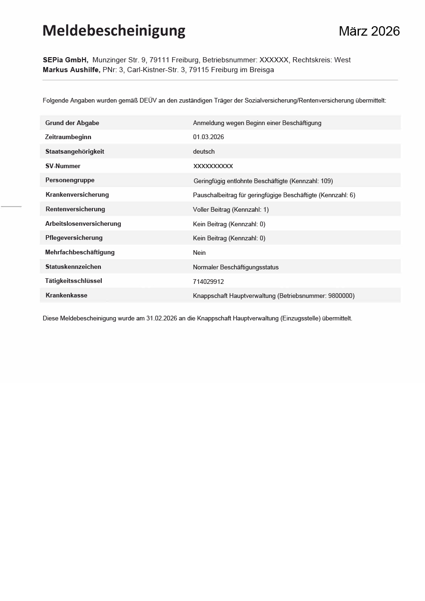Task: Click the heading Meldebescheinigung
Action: tap(114, 31)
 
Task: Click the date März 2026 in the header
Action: tap(369, 31)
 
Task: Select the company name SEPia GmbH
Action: tap(65, 60)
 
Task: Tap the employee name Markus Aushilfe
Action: tap(71, 70)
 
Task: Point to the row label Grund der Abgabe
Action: tap(72, 123)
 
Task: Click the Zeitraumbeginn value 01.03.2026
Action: tap(208, 137)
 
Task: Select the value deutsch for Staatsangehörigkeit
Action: tap(203, 152)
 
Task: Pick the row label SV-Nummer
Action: tap(63, 166)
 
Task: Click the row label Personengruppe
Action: tap(70, 180)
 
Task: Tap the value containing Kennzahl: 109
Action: tap(263, 181)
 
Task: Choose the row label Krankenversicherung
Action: tap(77, 195)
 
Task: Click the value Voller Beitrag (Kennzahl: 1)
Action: tap(231, 209)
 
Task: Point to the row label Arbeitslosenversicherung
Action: tap(83, 224)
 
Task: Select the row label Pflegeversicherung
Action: tap(74, 238)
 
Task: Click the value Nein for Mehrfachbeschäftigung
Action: tap(199, 252)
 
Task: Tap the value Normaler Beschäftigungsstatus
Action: tap(236, 267)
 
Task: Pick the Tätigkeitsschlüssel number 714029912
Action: tap(208, 282)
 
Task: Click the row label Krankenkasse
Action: tap(67, 296)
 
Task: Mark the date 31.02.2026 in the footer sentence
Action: tap(162, 319)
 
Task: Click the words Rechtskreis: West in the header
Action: tap(321, 60)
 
